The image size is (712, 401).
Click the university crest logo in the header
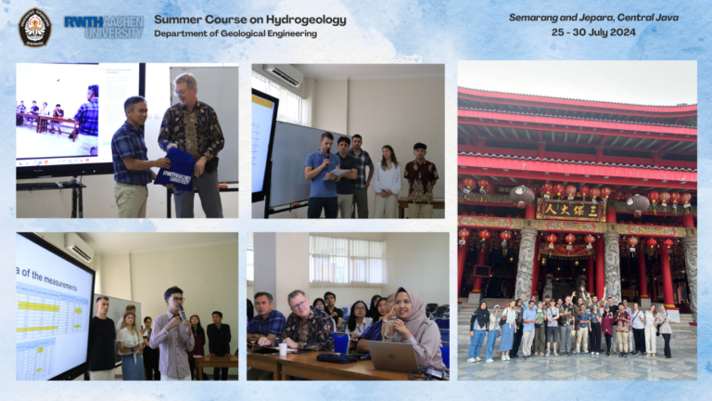click(34, 26)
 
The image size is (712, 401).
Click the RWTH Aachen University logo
click(104, 26)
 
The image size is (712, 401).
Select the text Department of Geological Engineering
click(235, 33)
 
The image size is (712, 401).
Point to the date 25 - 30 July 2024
click(593, 32)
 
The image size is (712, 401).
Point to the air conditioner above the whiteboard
click(285, 77)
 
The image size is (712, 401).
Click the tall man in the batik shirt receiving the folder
click(196, 139)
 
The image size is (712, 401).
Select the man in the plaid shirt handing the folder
click(132, 158)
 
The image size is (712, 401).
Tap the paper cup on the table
click(283, 349)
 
